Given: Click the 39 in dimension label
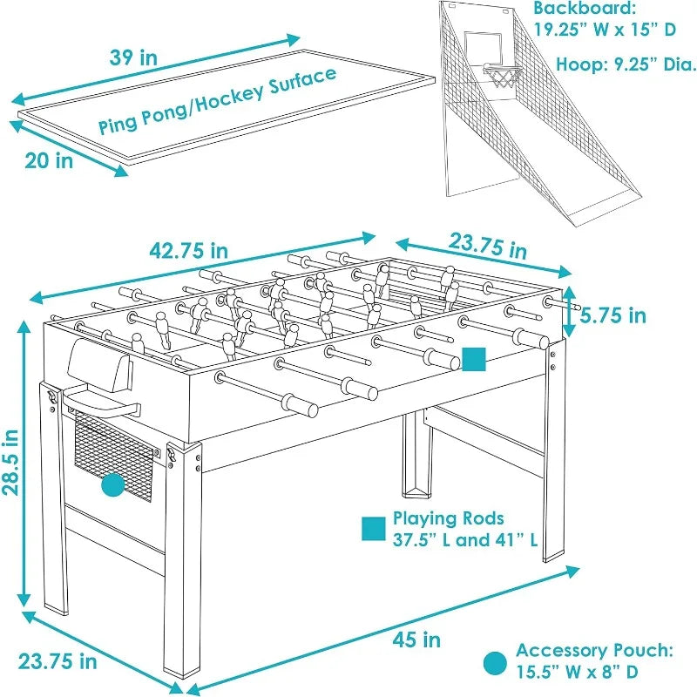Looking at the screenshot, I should [x=133, y=58].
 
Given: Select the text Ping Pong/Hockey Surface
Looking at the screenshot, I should [x=217, y=100].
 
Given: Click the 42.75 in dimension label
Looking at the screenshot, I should [x=189, y=251].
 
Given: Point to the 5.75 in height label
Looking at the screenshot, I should [x=614, y=315].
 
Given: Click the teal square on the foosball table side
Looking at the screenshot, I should [x=473, y=360].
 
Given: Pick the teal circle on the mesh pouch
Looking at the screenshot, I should [x=113, y=485].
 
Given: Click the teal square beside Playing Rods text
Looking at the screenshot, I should [x=374, y=529].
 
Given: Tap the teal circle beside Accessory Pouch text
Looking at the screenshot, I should [x=495, y=662].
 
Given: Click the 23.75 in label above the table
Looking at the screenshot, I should [x=488, y=246].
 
